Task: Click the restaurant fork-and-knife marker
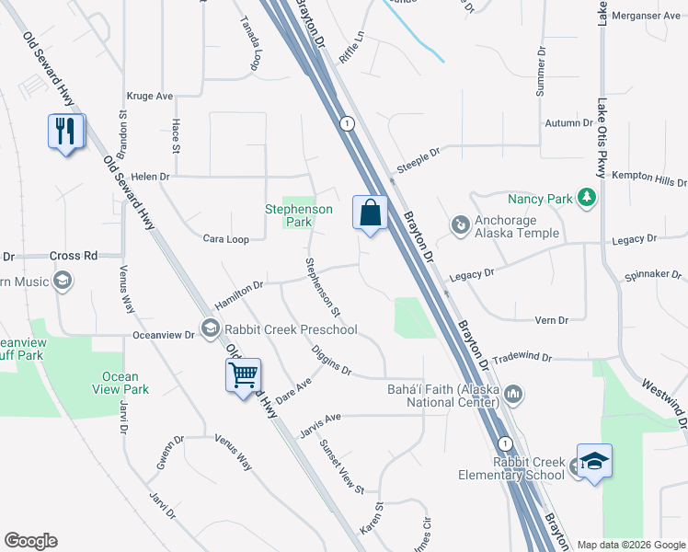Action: coord(65,132)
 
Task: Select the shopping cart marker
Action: coord(244,375)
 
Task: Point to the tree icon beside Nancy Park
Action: coord(586,198)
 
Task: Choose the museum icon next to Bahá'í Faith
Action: coord(513,395)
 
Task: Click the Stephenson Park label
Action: coord(298,215)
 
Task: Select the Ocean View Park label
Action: coord(120,383)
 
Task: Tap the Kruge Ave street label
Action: coord(152,96)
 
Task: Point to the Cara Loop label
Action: coord(226,239)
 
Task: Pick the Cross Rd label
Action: coord(73,256)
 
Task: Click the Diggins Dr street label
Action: coord(331,359)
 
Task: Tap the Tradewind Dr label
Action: coord(522,357)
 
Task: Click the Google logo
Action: coord(30,541)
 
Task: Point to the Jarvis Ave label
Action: coord(320,418)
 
